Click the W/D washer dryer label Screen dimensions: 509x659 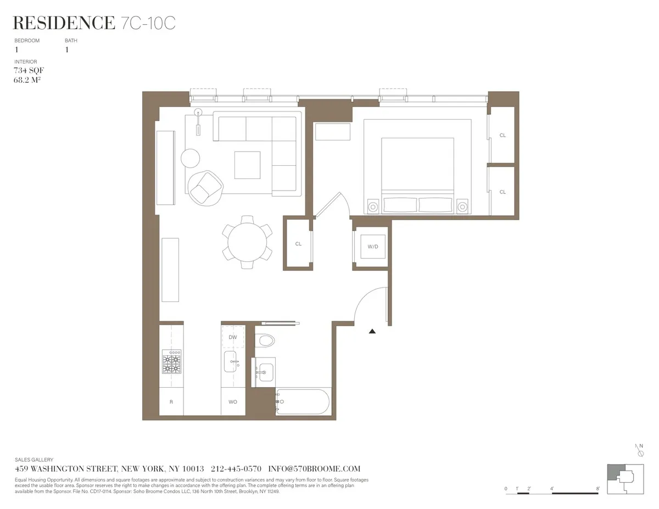coord(373,247)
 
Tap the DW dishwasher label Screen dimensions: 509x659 coord(233,337)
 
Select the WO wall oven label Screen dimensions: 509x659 coord(233,402)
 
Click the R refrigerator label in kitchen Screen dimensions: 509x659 coord(171,402)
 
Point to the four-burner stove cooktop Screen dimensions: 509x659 coord(171,363)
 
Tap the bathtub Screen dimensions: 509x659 coord(303,402)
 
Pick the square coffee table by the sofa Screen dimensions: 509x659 coord(247,165)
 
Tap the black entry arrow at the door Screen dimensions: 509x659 coord(372,331)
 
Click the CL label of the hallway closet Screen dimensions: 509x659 coord(298,243)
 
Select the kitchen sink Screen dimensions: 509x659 coord(231,362)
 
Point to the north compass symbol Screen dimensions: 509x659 coord(640,451)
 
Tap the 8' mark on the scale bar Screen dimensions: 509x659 coord(597,488)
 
